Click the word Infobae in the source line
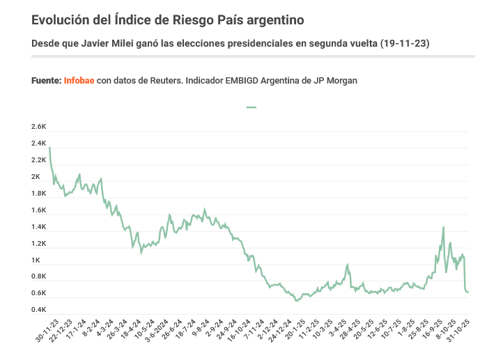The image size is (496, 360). pos(79,81)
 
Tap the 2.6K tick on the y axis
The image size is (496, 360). pos(38,127)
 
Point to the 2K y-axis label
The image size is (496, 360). pos(36,177)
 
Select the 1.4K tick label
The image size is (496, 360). pos(38,227)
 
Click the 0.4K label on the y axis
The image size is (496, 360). pos(38,308)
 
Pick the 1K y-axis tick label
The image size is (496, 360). pos(36,260)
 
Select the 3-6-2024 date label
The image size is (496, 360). pos(155,331)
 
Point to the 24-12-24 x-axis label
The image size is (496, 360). pos(283,330)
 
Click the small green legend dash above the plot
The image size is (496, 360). pos(251,107)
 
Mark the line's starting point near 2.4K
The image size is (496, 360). pos(49,147)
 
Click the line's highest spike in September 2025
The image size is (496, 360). pos(444,227)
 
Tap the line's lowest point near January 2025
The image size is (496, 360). pos(296,301)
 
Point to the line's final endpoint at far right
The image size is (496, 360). pos(468,292)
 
